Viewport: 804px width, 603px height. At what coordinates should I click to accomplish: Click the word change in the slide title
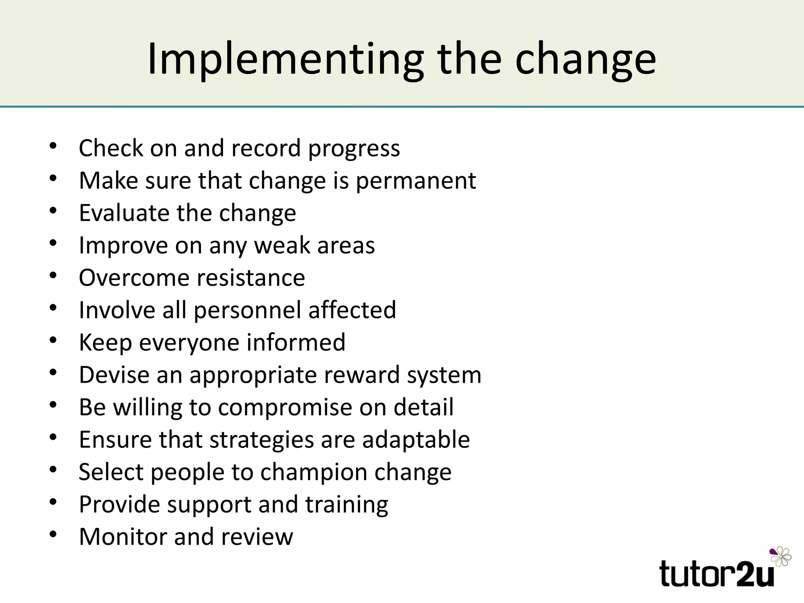point(585,60)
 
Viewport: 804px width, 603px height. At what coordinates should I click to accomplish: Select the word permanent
point(416,181)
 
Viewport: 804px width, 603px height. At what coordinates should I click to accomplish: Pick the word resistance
point(251,278)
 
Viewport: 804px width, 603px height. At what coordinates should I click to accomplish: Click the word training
point(347,504)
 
